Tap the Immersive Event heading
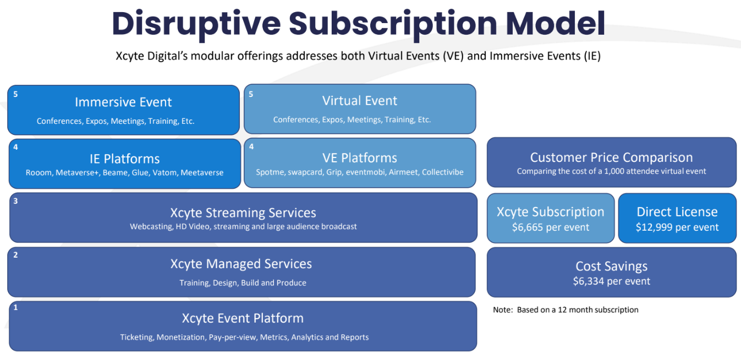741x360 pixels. click(123, 102)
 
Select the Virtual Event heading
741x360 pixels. click(360, 101)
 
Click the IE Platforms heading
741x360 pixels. click(125, 159)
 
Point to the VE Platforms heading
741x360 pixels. click(360, 158)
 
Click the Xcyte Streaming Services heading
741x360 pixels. click(243, 213)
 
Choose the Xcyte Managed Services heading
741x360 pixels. click(241, 264)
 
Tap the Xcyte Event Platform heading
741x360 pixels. click(243, 318)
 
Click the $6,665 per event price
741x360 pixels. click(550, 227)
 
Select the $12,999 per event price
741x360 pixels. click(677, 227)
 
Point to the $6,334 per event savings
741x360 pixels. click(611, 281)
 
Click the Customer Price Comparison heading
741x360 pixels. click(611, 158)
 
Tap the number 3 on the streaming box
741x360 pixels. click(15, 201)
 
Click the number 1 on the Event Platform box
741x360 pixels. click(15, 308)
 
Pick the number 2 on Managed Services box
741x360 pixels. click(15, 255)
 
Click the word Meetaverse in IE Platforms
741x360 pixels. click(202, 173)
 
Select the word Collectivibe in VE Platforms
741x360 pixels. click(442, 172)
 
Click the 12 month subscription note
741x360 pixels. click(566, 310)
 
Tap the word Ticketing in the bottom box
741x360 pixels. click(137, 337)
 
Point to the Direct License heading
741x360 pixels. click(677, 212)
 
